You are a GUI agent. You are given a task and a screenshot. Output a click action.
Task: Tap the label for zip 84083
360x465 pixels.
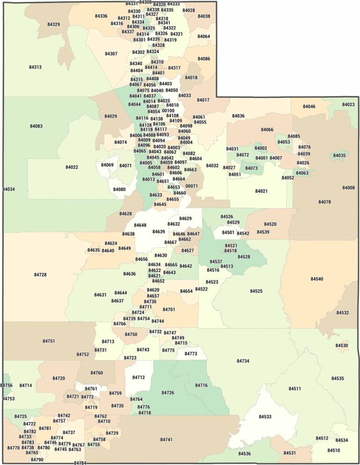(36, 126)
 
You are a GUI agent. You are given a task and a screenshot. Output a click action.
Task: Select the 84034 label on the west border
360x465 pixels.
(9, 189)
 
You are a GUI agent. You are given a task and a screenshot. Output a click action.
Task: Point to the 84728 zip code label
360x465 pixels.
(40, 274)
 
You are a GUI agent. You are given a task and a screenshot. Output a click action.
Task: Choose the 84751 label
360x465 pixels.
(49, 341)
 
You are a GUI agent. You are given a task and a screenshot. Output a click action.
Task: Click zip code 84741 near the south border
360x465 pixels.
(166, 440)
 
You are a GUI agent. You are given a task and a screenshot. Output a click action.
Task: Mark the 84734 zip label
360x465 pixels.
(243, 361)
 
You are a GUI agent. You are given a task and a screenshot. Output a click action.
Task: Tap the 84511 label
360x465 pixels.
(295, 389)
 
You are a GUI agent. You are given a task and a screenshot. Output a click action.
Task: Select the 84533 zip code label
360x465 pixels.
(265, 417)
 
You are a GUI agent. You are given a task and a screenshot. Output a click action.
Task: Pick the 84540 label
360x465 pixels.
(317, 279)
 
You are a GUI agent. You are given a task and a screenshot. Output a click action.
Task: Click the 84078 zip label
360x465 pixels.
(324, 202)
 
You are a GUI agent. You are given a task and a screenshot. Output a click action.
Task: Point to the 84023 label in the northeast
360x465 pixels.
(348, 105)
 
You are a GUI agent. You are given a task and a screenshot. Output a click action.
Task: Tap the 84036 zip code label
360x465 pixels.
(238, 116)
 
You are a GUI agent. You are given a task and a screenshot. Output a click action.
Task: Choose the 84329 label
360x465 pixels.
(53, 24)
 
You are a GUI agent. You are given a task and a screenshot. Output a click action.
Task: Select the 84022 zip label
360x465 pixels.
(72, 167)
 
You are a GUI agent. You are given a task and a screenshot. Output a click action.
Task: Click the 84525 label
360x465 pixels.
(256, 291)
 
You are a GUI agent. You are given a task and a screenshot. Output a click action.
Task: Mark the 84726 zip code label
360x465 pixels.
(168, 392)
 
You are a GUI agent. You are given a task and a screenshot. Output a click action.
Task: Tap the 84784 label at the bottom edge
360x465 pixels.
(80, 463)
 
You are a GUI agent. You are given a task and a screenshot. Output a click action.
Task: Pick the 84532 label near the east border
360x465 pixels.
(343, 313)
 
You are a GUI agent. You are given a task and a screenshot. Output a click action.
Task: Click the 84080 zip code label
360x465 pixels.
(120, 189)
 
